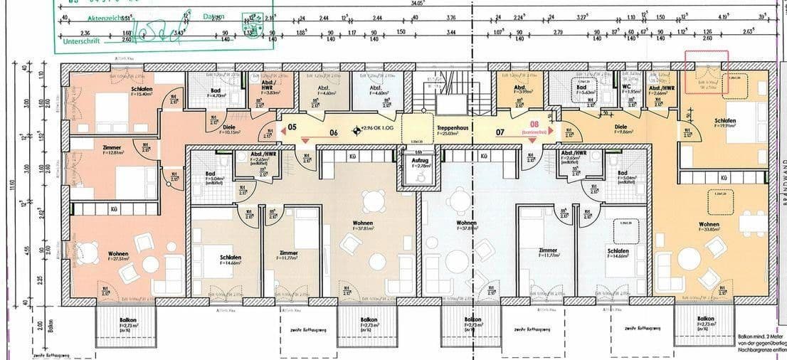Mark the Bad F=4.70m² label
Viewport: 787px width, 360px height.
point(215,92)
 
